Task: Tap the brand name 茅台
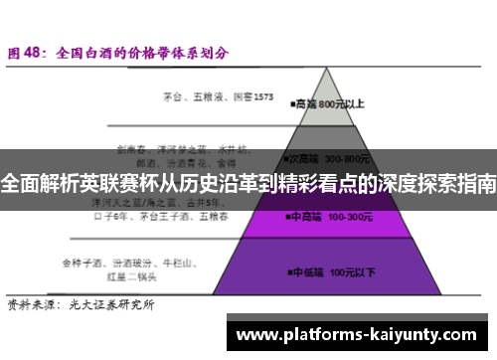pos(173,97)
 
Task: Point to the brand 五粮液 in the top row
pos(210,97)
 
